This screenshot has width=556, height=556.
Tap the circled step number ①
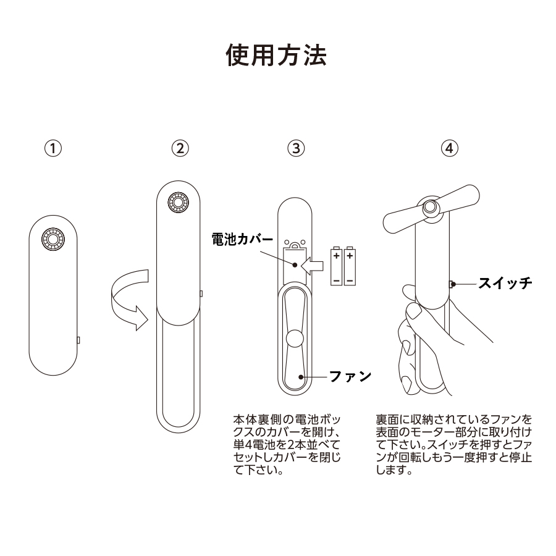click(54, 148)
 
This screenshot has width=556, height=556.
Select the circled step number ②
click(179, 148)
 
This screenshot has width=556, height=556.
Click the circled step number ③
click(297, 148)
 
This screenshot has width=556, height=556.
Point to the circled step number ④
click(450, 148)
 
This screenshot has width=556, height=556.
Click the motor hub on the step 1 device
click(53, 239)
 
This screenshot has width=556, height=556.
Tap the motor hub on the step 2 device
click(179, 203)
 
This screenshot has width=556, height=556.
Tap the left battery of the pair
click(336, 267)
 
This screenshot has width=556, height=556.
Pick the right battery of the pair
click(350, 267)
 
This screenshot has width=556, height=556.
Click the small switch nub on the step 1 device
click(78, 339)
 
